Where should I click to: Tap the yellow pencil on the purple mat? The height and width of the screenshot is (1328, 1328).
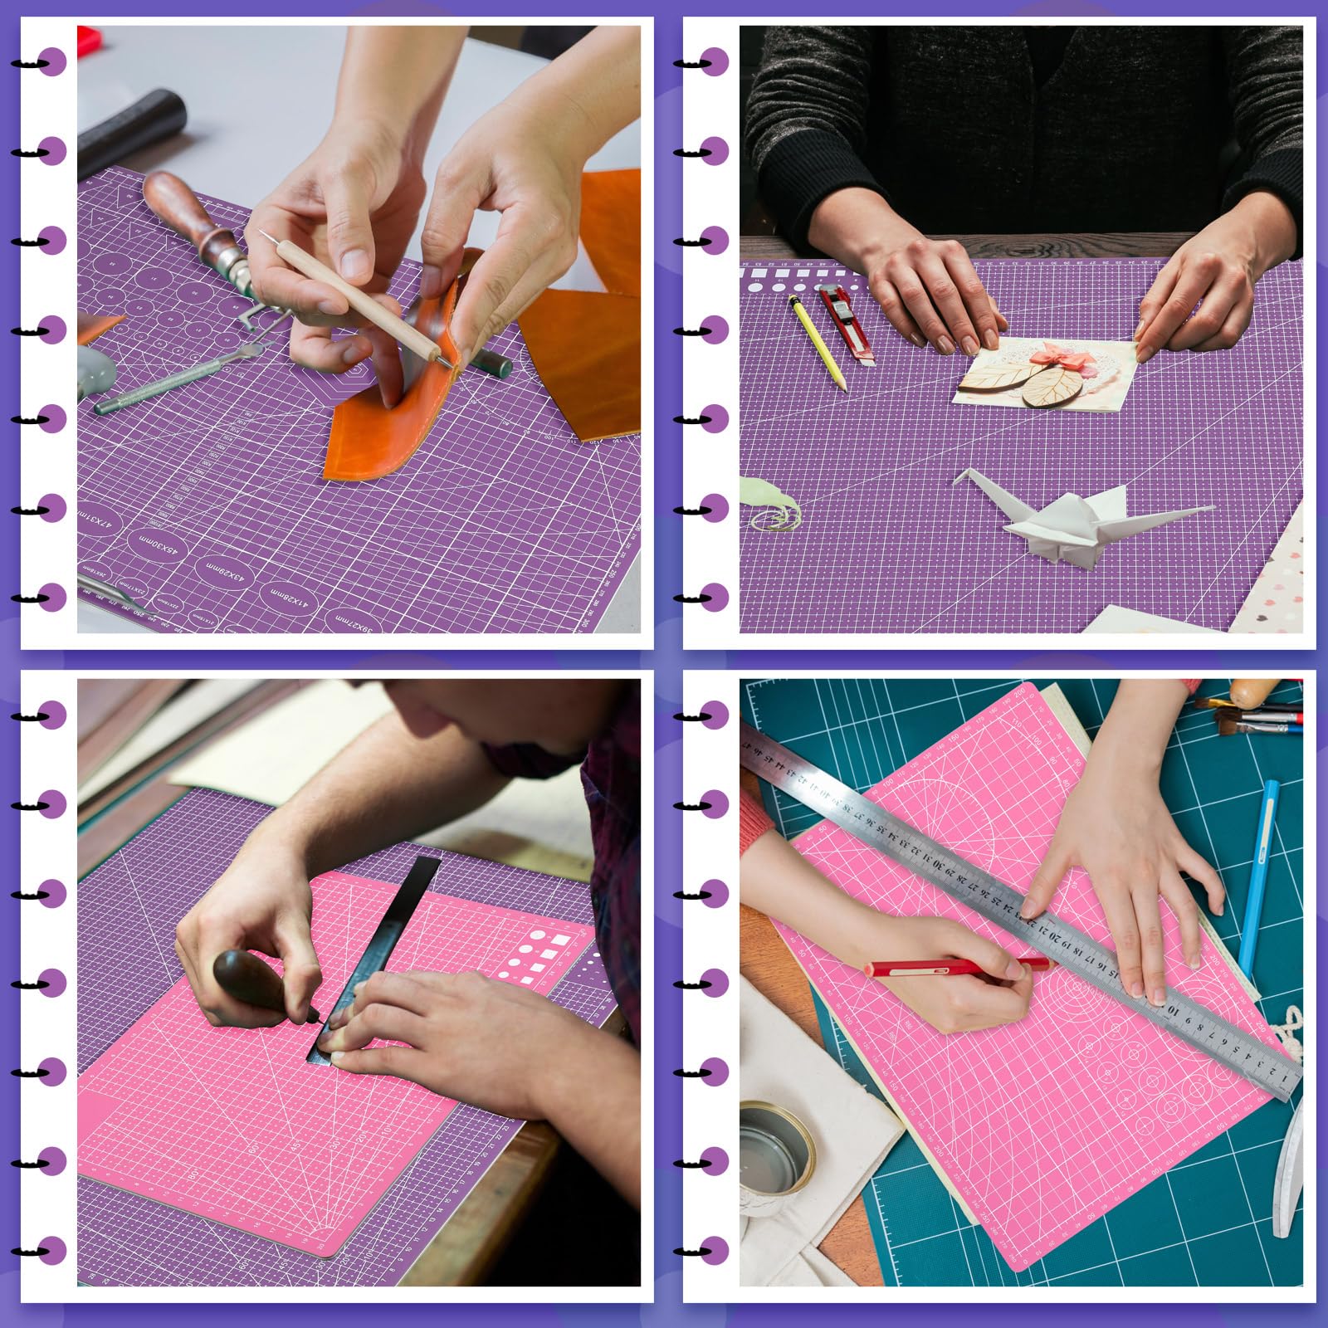point(817,341)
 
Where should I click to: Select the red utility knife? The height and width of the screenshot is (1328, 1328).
point(846,323)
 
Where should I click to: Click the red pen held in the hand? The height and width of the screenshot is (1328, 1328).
point(954,967)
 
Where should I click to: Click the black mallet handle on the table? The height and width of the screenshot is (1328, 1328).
point(133,133)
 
